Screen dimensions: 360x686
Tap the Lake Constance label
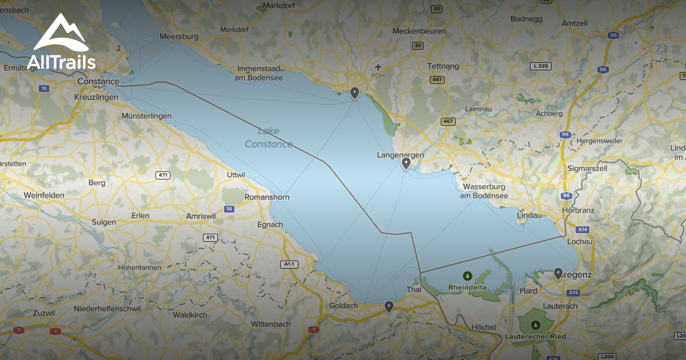(268, 137)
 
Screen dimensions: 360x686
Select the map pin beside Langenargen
(406, 164)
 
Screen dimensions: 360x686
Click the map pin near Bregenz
(558, 274)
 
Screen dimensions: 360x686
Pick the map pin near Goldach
(389, 307)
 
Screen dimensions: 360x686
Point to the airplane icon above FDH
(377, 67)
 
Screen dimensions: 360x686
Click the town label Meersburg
(180, 37)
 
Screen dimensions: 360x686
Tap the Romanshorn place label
(267, 197)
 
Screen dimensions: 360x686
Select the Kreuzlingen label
(96, 97)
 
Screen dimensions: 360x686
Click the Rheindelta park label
(468, 287)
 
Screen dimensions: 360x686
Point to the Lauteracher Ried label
(536, 337)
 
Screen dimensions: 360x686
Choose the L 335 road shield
(540, 66)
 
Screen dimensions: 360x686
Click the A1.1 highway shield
(289, 264)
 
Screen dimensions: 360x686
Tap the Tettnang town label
(443, 66)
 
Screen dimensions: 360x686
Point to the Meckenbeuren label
(420, 31)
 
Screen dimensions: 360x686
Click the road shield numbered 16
(44, 89)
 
